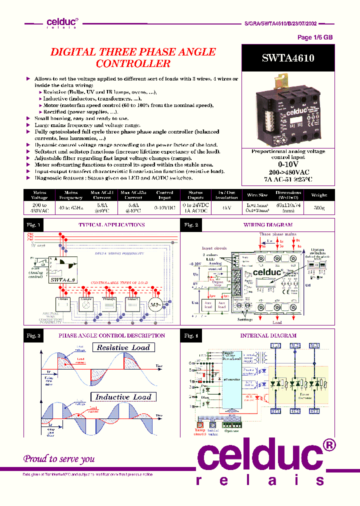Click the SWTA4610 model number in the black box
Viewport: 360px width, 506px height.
287,57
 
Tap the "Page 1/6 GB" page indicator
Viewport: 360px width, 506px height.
315,37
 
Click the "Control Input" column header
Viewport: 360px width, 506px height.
164,194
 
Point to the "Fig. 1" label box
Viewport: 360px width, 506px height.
34,225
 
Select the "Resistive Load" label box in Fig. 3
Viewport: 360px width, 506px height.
123,347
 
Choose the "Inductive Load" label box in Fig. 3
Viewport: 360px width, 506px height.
123,397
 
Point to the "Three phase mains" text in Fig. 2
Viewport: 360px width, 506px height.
277,234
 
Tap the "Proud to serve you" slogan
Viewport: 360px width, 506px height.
59,458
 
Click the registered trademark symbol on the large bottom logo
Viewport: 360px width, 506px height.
327,444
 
